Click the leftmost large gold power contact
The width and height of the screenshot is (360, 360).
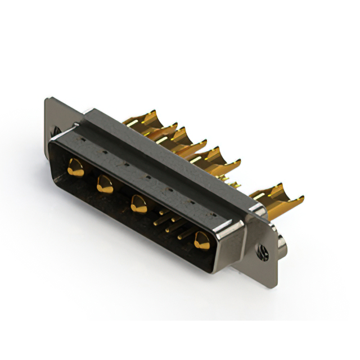75,167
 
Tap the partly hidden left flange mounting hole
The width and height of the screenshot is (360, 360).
56,132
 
